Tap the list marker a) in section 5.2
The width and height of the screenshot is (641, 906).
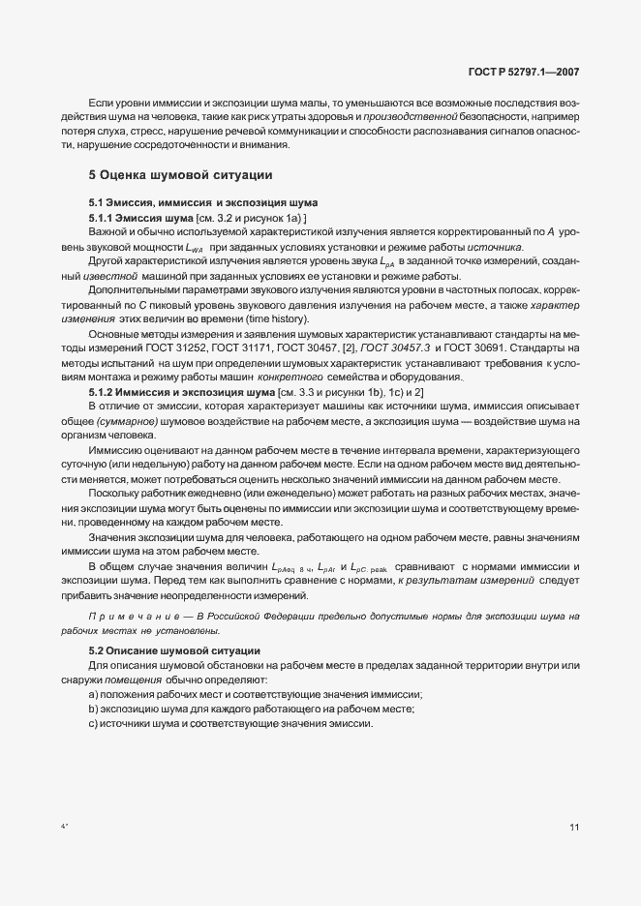pyautogui.click(x=93, y=695)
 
